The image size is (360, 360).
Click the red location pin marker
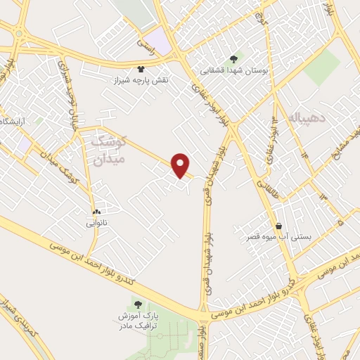[x=181, y=164]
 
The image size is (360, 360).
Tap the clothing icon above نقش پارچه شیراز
[x=141, y=70]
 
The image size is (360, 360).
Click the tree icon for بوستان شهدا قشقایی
[x=233, y=59]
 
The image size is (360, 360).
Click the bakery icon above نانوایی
[x=96, y=212]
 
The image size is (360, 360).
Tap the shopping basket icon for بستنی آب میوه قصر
[x=281, y=226]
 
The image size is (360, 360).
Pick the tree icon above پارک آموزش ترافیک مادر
[x=137, y=305]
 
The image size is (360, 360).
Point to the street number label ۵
[x=340, y=223]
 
